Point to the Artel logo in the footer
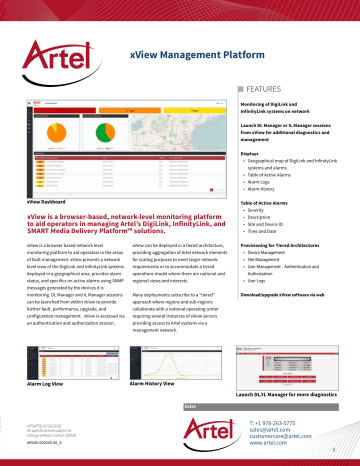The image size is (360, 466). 212,433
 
